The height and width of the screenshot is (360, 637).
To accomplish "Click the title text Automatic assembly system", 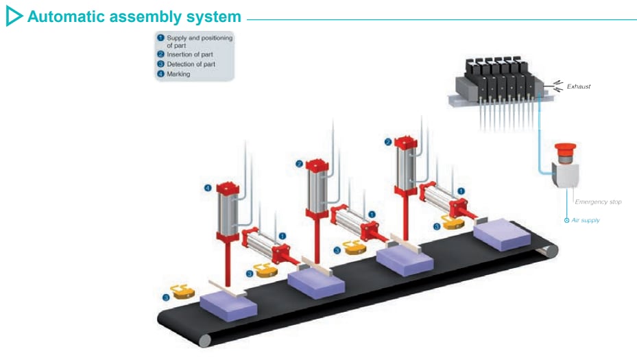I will pyautogui.click(x=134, y=16).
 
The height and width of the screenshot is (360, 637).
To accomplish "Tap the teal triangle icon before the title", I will pyautogui.click(x=14, y=16).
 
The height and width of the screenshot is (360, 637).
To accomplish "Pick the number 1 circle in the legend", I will pyautogui.click(x=160, y=38).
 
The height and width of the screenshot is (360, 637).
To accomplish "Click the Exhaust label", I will pyautogui.click(x=578, y=87).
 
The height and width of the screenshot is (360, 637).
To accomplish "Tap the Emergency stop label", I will pyautogui.click(x=598, y=202).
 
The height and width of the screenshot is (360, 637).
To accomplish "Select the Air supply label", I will pyautogui.click(x=586, y=220).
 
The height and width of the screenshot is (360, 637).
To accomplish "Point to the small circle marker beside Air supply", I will pyautogui.click(x=566, y=220).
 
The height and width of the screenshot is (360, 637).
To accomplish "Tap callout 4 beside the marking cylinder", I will pyautogui.click(x=208, y=187).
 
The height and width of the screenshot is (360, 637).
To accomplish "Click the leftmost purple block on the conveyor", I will pyautogui.click(x=228, y=302).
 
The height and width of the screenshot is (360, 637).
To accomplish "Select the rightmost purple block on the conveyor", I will pyautogui.click(x=503, y=232).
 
